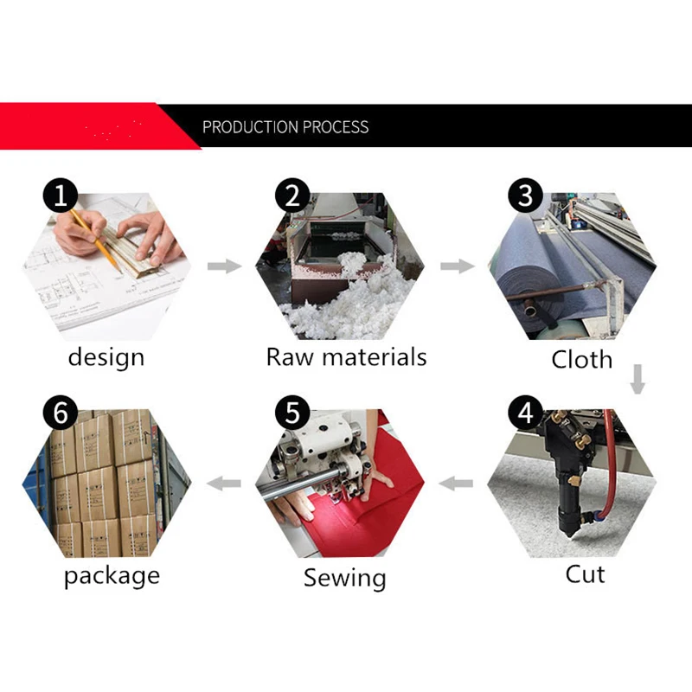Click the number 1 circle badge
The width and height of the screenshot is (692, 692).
pos(61,195)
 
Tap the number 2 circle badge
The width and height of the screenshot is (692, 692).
pos(292,195)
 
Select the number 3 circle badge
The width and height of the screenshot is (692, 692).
pos(525,195)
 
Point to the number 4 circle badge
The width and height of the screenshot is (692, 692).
pos(525,413)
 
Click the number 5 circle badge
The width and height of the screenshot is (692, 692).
pos(292,413)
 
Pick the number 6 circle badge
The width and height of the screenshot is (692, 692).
pos(61,413)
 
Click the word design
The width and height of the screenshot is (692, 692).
pos(106,358)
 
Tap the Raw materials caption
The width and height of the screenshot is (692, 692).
pos(347,356)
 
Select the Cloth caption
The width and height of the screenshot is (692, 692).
pos(581,359)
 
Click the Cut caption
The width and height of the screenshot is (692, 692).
pos(585,574)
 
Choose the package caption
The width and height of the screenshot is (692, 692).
pos(112,576)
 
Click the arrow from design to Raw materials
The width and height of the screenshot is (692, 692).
pos(224,266)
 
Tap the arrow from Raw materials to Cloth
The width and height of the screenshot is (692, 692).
pos(458,266)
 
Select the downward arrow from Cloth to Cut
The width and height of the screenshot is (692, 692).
pos(638,379)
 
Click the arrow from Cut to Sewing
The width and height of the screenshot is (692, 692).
pos(456,484)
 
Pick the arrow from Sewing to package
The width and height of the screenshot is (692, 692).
pos(224,484)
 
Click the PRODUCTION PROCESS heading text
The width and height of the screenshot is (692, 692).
pos(285,127)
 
